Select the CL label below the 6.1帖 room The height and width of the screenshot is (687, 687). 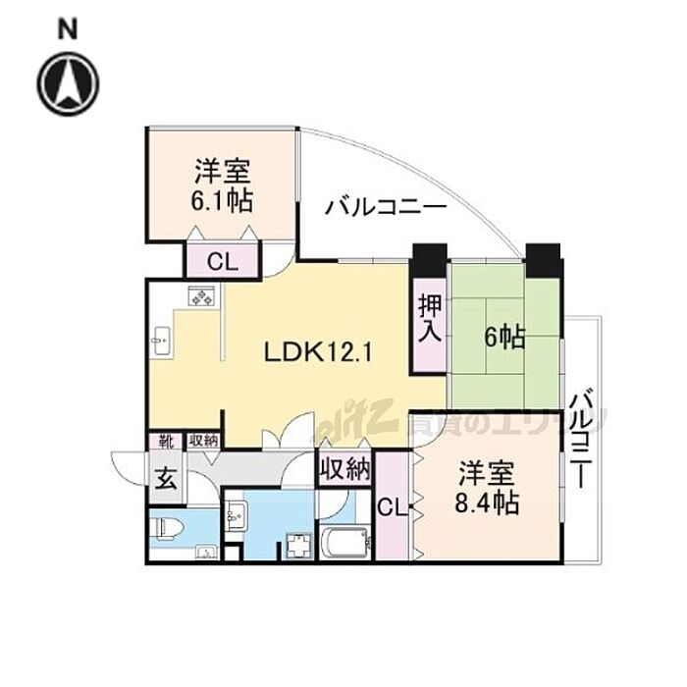click(222, 262)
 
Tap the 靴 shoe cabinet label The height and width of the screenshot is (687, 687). click(162, 443)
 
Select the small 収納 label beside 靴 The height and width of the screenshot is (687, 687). click(203, 443)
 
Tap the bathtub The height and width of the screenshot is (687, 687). click(343, 542)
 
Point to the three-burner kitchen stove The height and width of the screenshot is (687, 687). click(203, 295)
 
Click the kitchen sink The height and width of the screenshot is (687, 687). click(161, 342)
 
